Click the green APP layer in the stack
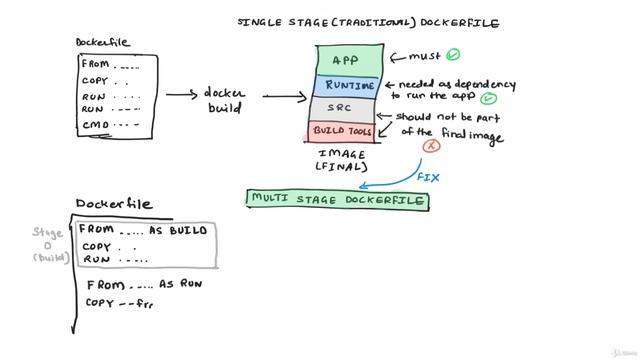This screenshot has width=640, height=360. [344, 60]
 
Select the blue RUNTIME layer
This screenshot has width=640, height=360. [345, 86]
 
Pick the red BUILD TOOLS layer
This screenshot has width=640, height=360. [343, 131]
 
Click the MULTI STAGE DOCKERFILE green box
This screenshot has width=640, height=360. [338, 199]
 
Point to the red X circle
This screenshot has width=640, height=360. [432, 147]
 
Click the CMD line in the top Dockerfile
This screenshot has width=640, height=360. [110, 125]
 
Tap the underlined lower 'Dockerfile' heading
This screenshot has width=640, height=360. [115, 204]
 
